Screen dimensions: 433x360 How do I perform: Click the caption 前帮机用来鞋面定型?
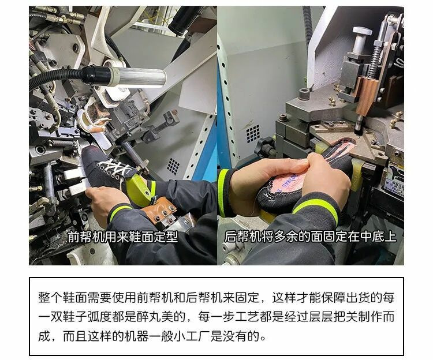coord(122,237)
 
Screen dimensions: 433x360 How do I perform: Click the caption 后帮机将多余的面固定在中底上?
coord(310,237)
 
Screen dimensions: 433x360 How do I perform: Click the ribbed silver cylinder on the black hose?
coord(140,77)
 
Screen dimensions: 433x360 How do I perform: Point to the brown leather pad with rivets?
coord(159,211)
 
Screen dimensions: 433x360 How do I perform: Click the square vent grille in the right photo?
coord(253,133)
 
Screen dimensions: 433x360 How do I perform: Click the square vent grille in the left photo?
coord(173,166)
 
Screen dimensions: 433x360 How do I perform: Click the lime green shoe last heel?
coord(139,190)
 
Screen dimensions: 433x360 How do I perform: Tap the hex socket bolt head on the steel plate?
coord(304,94)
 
